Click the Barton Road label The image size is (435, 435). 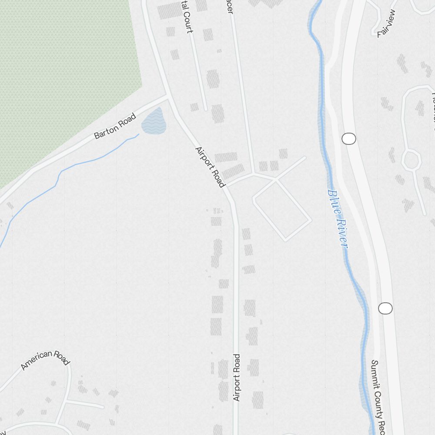[x=115, y=126]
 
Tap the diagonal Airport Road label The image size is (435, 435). [x=210, y=167]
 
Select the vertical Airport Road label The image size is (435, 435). [x=236, y=378]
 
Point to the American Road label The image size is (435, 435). [x=45, y=359]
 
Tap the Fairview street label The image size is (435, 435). [x=386, y=24]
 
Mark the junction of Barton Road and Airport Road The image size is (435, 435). [x=168, y=96]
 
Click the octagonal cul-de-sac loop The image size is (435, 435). [x=411, y=160]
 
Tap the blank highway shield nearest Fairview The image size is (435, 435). [x=349, y=139]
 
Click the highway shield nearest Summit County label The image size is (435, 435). [x=385, y=308]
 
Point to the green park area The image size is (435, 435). [x=65, y=78]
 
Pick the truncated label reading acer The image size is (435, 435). [x=230, y=8]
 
